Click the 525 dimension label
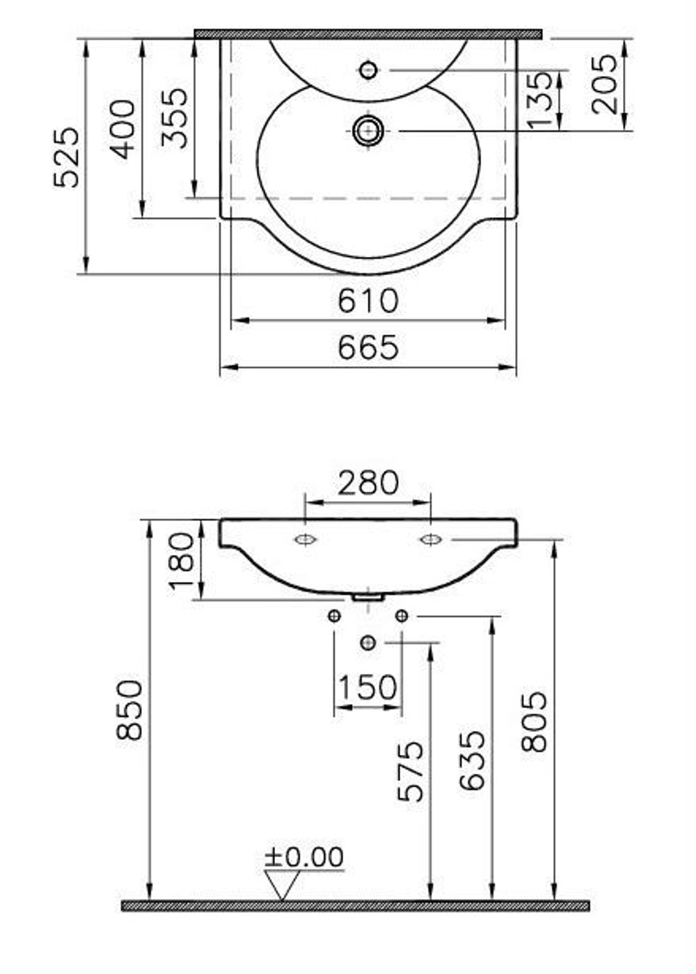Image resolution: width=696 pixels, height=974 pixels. click(x=67, y=157)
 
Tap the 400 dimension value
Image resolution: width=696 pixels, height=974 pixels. click(x=122, y=129)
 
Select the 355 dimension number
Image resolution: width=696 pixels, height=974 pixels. click(x=174, y=118)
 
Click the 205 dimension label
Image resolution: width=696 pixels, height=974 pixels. click(x=604, y=84)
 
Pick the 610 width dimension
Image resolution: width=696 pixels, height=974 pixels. click(x=367, y=301)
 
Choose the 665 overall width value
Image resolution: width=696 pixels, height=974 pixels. click(x=367, y=347)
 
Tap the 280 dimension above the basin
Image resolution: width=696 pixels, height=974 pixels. click(x=367, y=482)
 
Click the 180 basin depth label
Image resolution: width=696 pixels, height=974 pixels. click(x=181, y=561)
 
